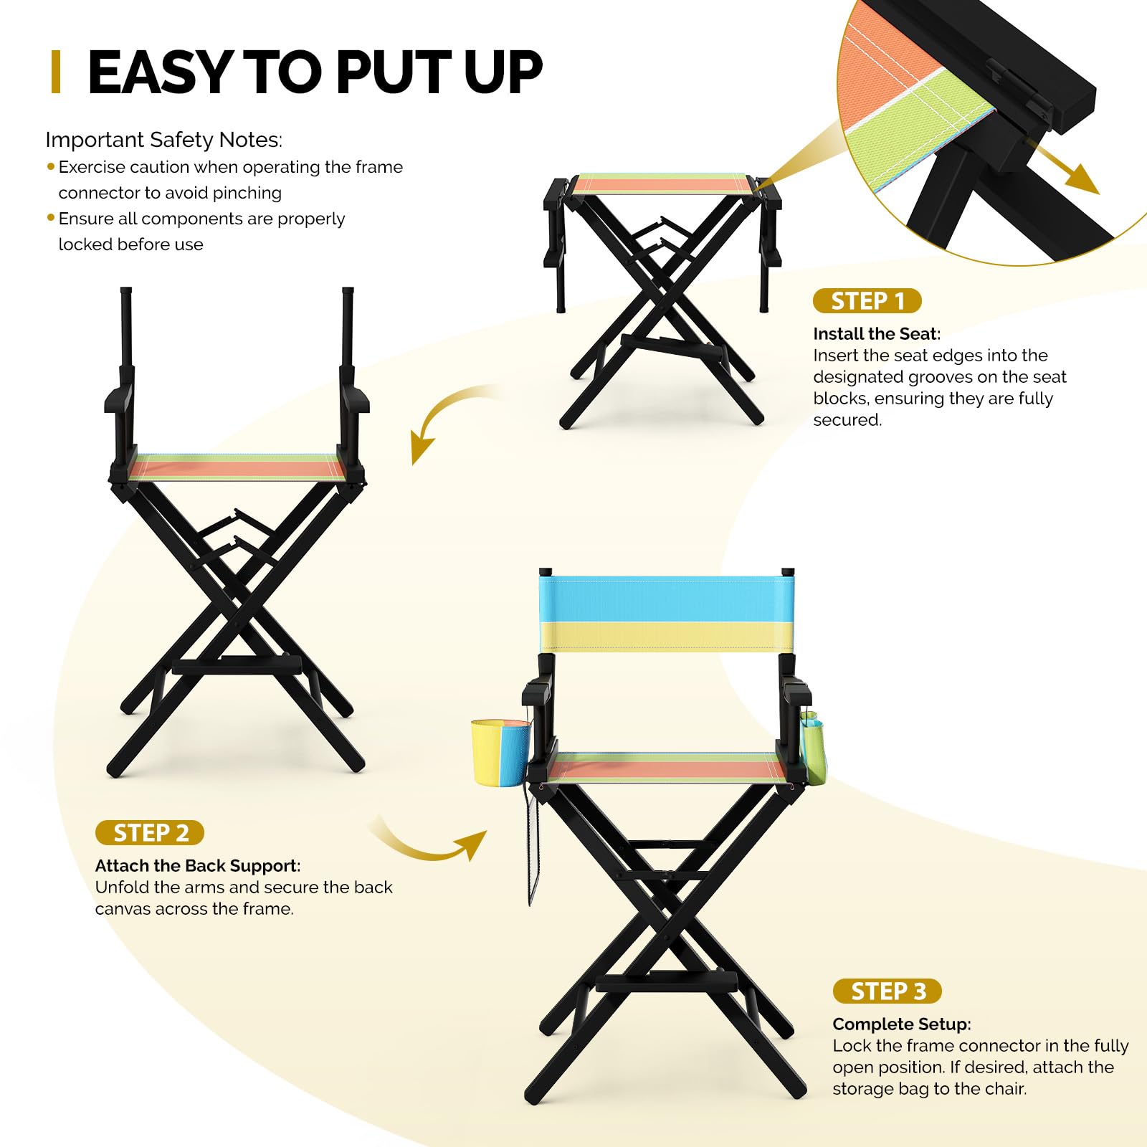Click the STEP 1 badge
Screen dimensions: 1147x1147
click(x=867, y=301)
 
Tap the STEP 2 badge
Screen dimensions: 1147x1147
click(x=150, y=833)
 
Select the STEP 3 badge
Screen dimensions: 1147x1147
click(x=887, y=991)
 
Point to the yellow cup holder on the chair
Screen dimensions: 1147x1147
click(x=501, y=753)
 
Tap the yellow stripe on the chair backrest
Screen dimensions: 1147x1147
click(x=667, y=637)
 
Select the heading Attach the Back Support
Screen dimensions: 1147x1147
click(x=198, y=866)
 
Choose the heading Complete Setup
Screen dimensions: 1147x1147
click(x=902, y=1024)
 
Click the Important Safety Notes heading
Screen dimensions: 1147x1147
click(x=164, y=140)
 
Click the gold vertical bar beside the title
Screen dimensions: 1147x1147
click(x=56, y=72)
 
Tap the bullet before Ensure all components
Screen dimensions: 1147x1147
click(x=51, y=217)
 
